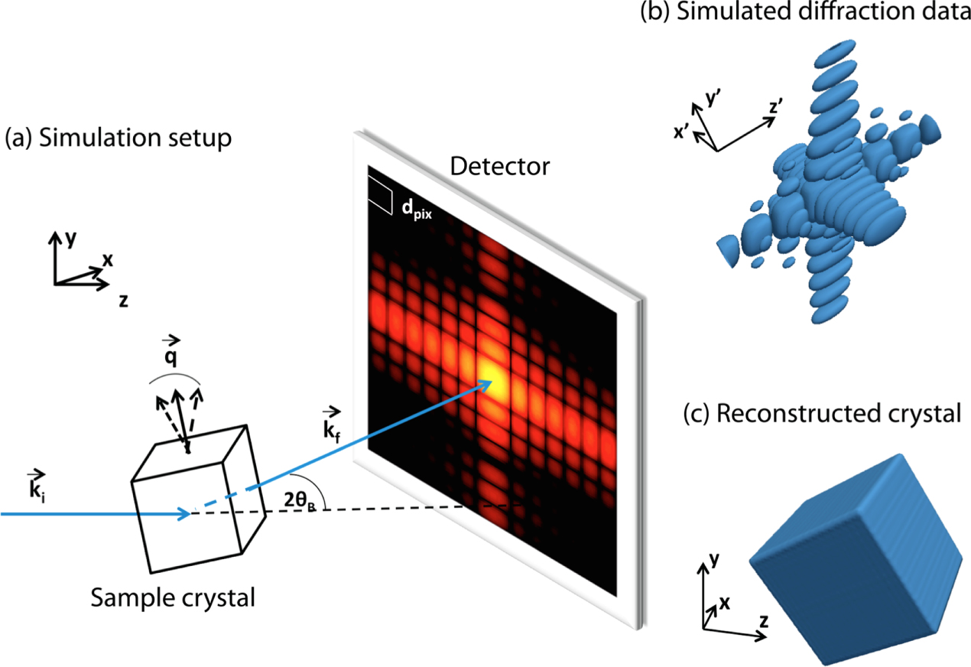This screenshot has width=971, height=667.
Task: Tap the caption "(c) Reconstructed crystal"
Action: (821, 415)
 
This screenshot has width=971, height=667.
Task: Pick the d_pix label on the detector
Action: (417, 209)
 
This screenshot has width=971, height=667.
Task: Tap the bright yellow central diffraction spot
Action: (491, 376)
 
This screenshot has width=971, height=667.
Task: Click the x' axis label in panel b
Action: (683, 132)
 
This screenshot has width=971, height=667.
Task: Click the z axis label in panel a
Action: (122, 301)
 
